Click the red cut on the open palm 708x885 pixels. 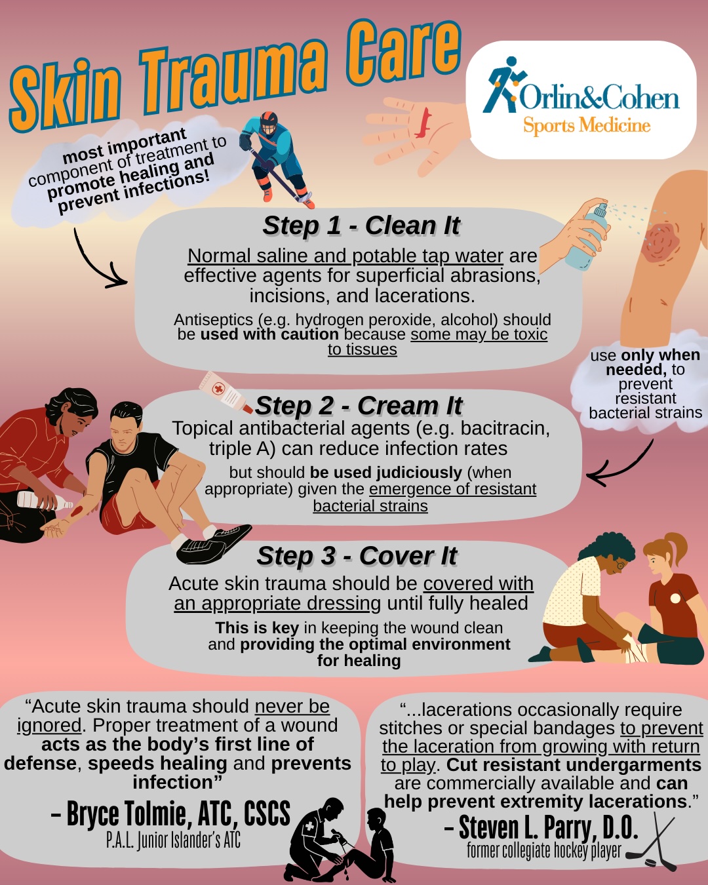(423, 123)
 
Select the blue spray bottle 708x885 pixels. (587, 237)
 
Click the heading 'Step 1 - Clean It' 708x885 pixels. (361, 226)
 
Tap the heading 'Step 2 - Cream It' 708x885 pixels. (359, 406)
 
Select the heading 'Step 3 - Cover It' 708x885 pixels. (357, 556)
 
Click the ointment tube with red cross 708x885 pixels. (226, 392)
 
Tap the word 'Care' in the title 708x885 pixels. (403, 49)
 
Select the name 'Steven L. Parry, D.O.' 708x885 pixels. (541, 827)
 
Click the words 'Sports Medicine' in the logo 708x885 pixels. (587, 125)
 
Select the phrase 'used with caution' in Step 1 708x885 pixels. (269, 334)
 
